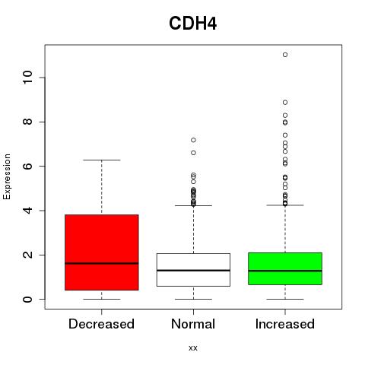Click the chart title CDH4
[192, 24]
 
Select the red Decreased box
[102, 252]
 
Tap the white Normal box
[193, 270]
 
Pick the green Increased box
[285, 268]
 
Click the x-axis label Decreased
[101, 324]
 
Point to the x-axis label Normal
[193, 324]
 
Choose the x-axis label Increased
[285, 324]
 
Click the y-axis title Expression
[7, 176]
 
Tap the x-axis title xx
[193, 348]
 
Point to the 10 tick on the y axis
[28, 78]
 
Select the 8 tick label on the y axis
[28, 122]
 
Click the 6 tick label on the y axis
[28, 166]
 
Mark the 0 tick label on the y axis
[28, 299]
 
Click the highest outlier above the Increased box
[285, 55]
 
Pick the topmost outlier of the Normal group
[193, 140]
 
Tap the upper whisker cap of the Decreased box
[102, 160]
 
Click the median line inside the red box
[102, 263]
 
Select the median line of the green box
[285, 271]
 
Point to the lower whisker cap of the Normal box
[193, 299]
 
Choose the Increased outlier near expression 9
[285, 103]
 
